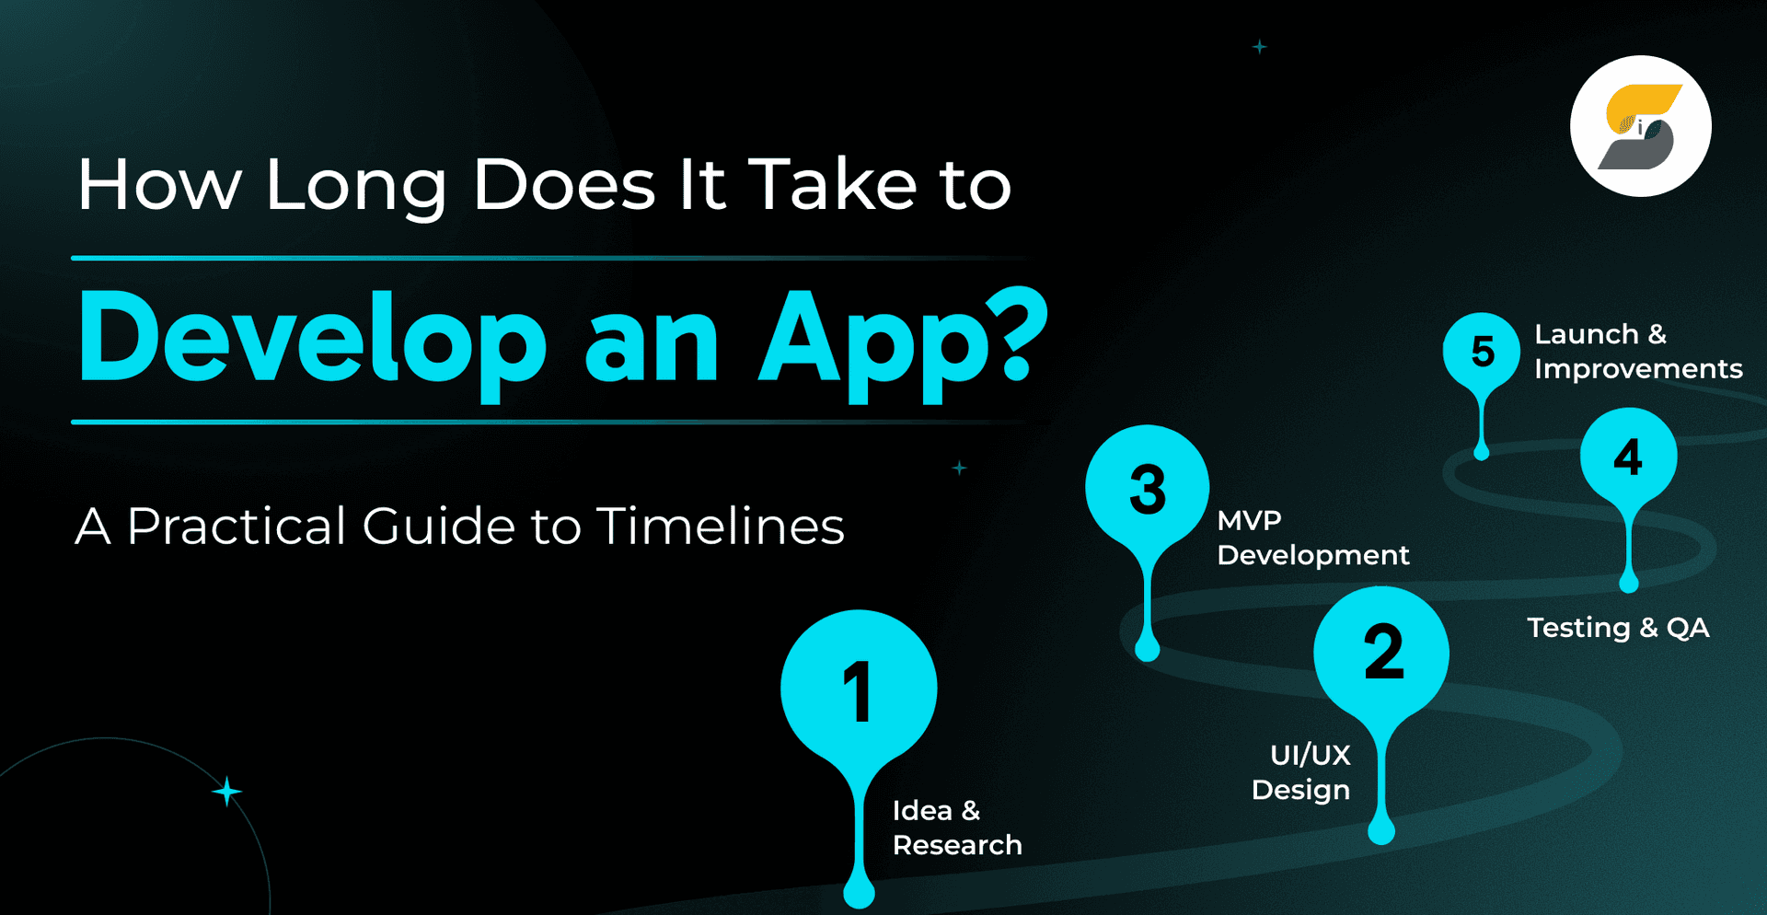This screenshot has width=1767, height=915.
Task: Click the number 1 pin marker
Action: tap(859, 690)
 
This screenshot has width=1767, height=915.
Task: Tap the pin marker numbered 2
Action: tap(1381, 654)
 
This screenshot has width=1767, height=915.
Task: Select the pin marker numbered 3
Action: tap(1147, 489)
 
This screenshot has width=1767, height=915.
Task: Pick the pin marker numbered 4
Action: tap(1628, 457)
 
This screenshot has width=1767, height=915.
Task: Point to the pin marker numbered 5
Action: tap(1482, 352)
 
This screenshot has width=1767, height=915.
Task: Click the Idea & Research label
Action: tap(956, 828)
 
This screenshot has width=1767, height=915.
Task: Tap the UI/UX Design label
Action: tap(1301, 772)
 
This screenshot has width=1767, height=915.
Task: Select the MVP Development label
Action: tap(1312, 538)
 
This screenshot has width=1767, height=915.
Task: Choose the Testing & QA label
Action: tap(1618, 628)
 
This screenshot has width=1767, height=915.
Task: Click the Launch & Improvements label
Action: tap(1637, 352)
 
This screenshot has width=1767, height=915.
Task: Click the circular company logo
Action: tap(1640, 126)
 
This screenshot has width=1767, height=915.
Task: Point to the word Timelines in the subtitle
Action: tap(720, 527)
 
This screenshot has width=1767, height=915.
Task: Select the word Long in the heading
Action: tap(356, 187)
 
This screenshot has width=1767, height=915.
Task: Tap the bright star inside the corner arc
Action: tap(226, 792)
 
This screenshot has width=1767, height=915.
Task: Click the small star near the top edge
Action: tap(1259, 47)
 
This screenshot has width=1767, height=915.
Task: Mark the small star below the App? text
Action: tap(959, 468)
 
